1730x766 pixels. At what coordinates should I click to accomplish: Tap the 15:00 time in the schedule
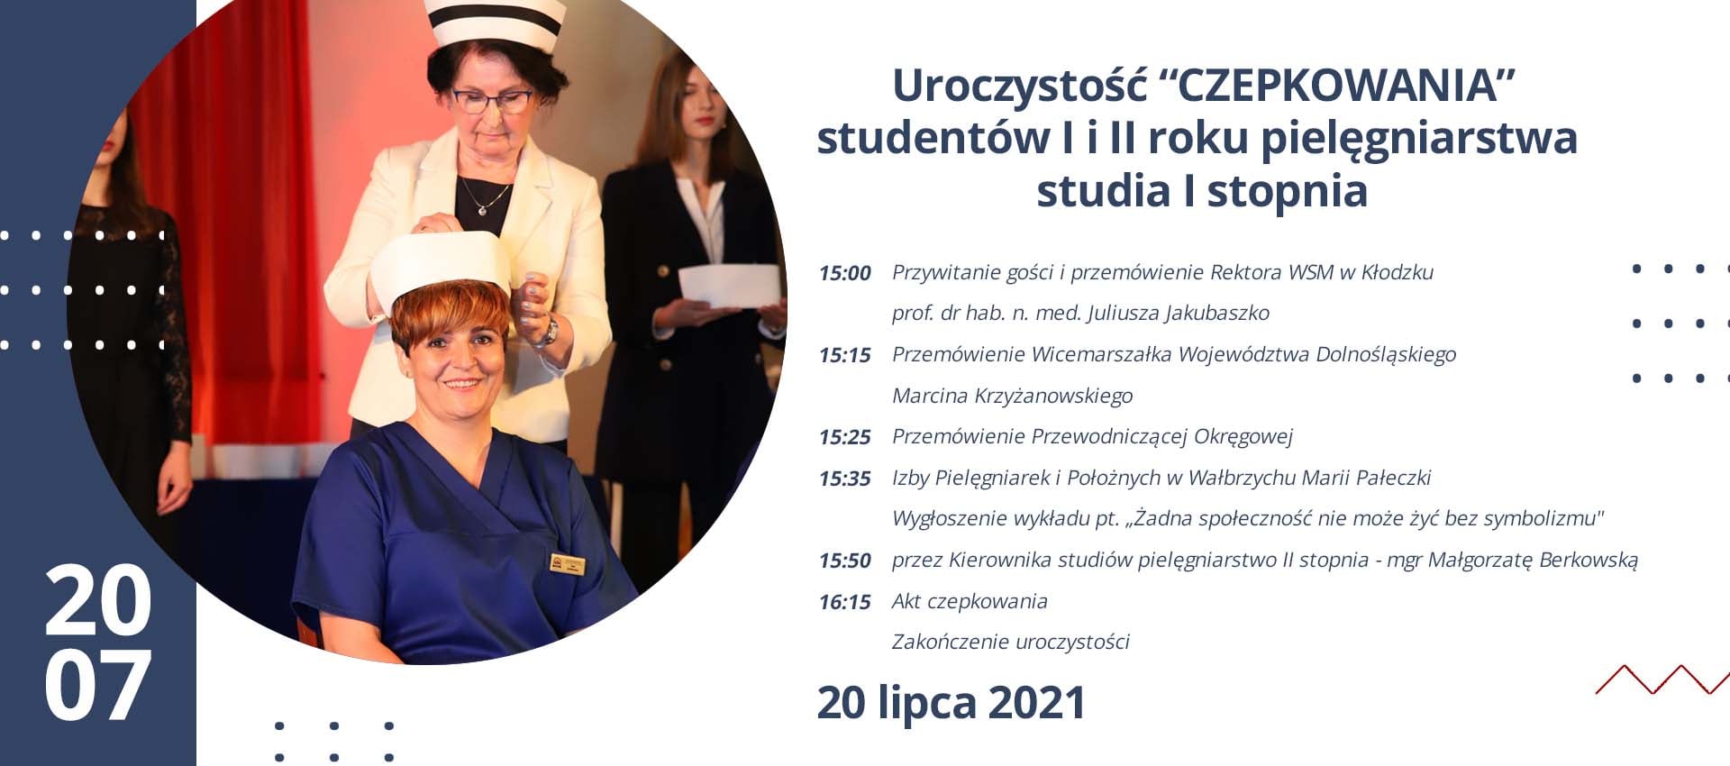(844, 273)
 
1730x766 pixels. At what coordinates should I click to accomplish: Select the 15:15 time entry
(844, 355)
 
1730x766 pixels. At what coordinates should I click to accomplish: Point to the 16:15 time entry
(844, 602)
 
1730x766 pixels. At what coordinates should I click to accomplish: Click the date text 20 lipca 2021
(951, 703)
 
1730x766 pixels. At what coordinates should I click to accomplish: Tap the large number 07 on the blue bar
(97, 687)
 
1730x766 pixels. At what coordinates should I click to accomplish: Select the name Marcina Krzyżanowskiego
(1012, 396)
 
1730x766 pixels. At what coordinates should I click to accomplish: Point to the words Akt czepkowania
(970, 601)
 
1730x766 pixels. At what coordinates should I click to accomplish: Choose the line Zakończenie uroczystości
(1010, 642)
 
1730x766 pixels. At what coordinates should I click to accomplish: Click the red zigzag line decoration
(1662, 679)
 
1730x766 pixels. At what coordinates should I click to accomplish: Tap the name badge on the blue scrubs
(568, 565)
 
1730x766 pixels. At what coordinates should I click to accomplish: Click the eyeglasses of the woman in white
(492, 100)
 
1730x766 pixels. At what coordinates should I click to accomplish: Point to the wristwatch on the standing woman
(546, 332)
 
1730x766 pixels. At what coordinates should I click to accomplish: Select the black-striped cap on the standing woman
(495, 22)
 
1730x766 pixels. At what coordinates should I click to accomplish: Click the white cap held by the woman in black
(729, 286)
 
